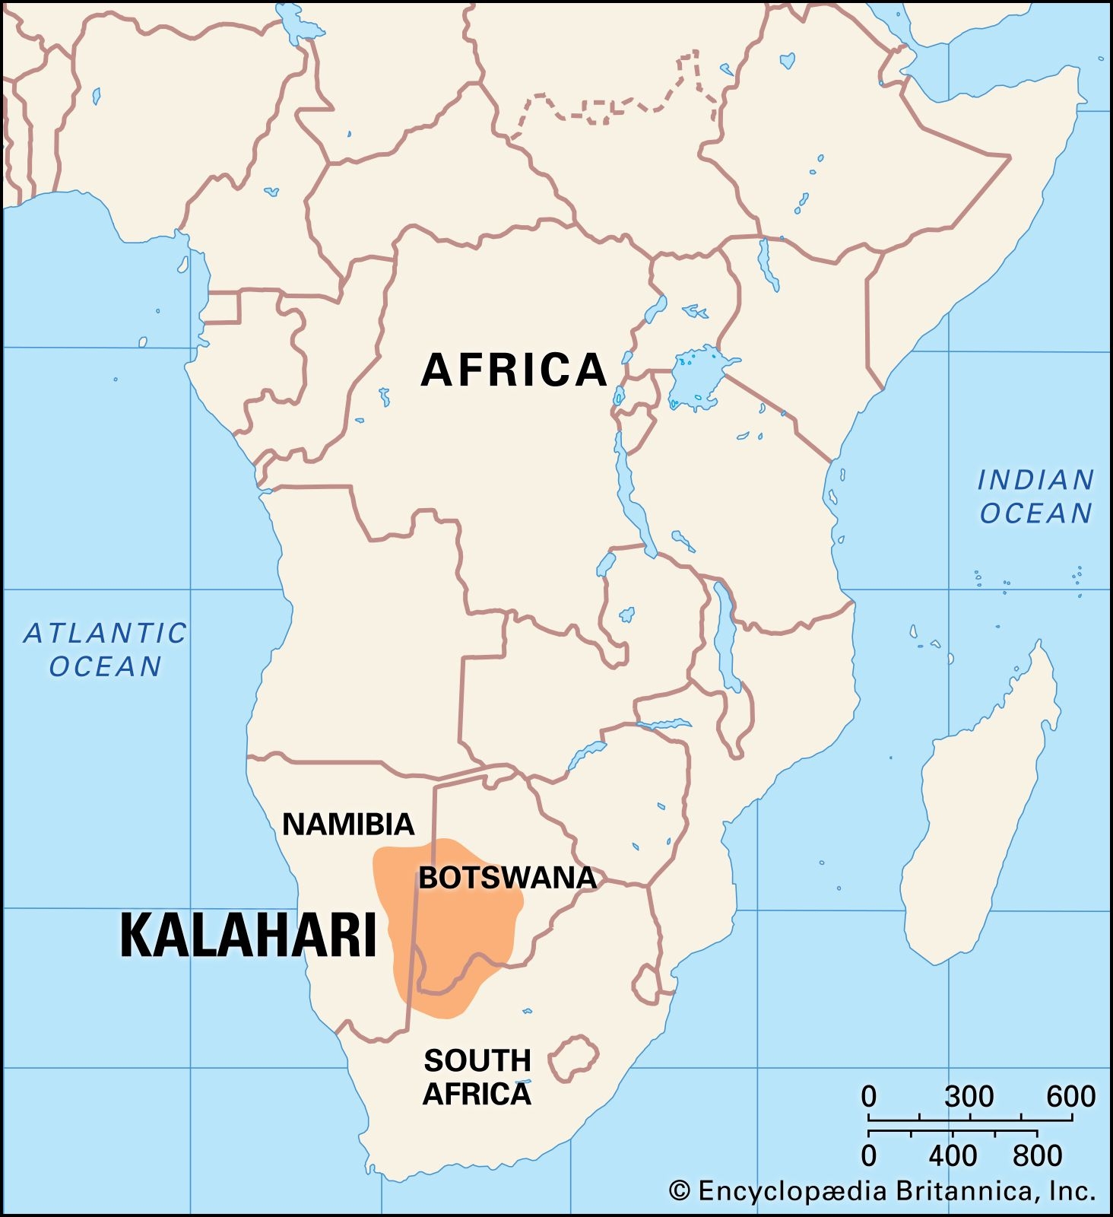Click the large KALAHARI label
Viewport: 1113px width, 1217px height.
pyautogui.click(x=249, y=935)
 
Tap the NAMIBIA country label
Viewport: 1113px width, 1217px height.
pyautogui.click(x=348, y=825)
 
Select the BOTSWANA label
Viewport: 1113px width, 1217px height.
pyautogui.click(x=507, y=878)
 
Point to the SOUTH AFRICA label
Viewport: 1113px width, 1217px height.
pyautogui.click(x=477, y=1077)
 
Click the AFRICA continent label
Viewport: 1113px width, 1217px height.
pyautogui.click(x=514, y=370)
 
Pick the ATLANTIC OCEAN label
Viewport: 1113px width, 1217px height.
pyautogui.click(x=105, y=650)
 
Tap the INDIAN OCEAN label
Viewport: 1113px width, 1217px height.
pyautogui.click(x=1035, y=497)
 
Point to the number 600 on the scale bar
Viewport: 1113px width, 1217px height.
pyautogui.click(x=1070, y=1097)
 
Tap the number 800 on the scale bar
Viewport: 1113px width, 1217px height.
pyautogui.click(x=1037, y=1156)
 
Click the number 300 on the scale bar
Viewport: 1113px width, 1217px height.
pyautogui.click(x=969, y=1097)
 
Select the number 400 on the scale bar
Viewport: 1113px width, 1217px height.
pyautogui.click(x=953, y=1156)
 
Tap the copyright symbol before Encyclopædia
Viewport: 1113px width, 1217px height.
pyautogui.click(x=680, y=1191)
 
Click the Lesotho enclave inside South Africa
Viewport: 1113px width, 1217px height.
pyautogui.click(x=573, y=1058)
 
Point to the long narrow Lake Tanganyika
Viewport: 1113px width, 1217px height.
pyautogui.click(x=631, y=494)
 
